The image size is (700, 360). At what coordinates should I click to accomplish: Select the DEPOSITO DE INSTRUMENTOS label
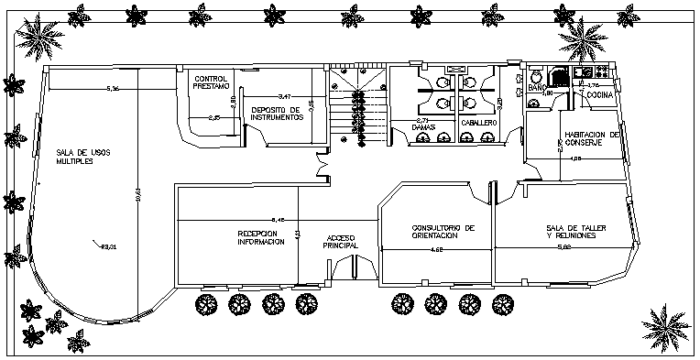coord(277,114)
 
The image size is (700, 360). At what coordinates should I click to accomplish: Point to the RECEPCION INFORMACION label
coord(262,237)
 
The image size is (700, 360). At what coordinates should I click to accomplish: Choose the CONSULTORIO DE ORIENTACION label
coord(443,231)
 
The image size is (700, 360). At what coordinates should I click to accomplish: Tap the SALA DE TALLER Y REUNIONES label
coord(570,232)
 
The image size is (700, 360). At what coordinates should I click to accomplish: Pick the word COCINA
coord(599,95)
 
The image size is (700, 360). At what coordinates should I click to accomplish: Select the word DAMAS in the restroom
coord(422,125)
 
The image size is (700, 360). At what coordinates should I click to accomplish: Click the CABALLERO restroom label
coord(478,123)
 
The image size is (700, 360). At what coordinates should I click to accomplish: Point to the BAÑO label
coord(537,86)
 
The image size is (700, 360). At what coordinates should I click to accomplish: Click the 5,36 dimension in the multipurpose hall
coord(113,89)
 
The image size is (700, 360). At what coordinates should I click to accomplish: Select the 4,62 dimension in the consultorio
coord(437,249)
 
